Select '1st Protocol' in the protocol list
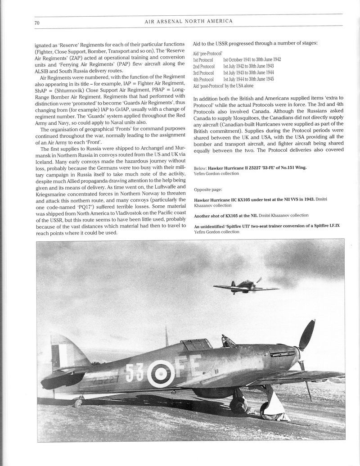coord(203,59)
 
